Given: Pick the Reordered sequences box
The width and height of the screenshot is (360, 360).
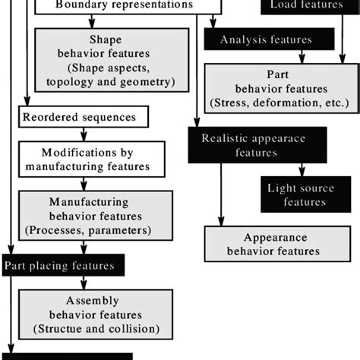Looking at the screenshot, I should coord(84,117).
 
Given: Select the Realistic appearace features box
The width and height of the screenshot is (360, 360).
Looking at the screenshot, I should coord(257,145).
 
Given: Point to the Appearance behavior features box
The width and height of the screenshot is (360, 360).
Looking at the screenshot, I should coord(271,244).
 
